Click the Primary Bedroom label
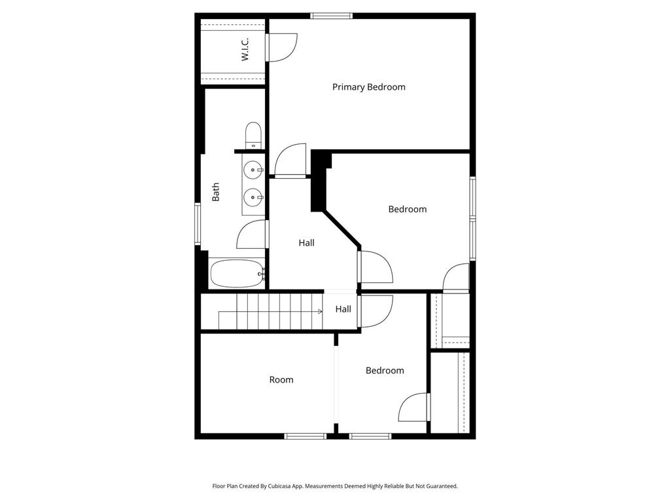click(x=368, y=87)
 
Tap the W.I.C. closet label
click(x=245, y=50)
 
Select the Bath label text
click(x=216, y=191)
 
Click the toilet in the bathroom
click(x=253, y=136)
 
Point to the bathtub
click(x=236, y=273)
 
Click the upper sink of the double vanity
click(x=252, y=170)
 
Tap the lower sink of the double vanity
click(x=252, y=196)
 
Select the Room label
click(x=281, y=380)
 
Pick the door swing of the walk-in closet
click(x=283, y=47)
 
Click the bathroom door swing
click(x=252, y=234)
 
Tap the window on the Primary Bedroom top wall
click(x=332, y=16)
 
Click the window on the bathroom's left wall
click(x=198, y=224)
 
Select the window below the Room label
click(x=305, y=436)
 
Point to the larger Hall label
click(x=306, y=243)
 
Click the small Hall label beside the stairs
click(x=343, y=309)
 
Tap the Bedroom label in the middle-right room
click(x=407, y=210)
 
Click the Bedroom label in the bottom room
click(x=385, y=371)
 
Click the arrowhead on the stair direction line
click(x=320, y=312)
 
